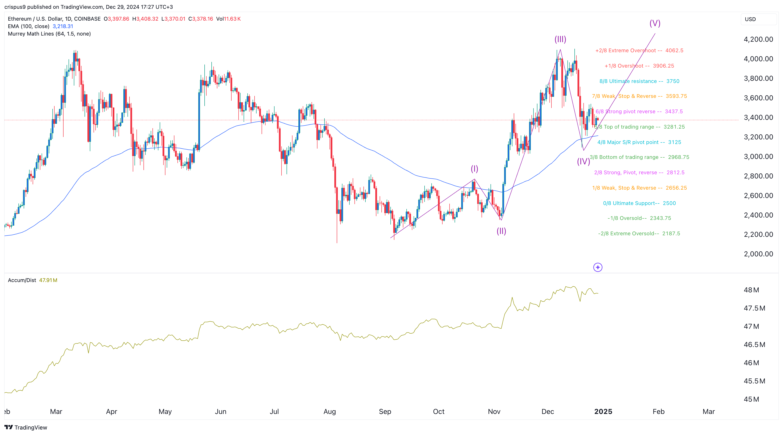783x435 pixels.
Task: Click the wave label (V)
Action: pyautogui.click(x=655, y=23)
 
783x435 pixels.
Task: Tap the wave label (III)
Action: pyautogui.click(x=560, y=39)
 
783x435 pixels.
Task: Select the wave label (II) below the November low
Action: pyautogui.click(x=501, y=231)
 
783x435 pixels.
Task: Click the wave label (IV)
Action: pyautogui.click(x=583, y=161)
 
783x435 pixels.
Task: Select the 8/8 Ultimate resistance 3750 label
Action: pyautogui.click(x=639, y=81)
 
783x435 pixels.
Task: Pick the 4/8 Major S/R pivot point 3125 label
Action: pyautogui.click(x=639, y=142)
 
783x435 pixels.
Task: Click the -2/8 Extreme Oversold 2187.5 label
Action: pyautogui.click(x=639, y=234)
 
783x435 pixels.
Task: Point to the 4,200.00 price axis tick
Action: pyautogui.click(x=758, y=39)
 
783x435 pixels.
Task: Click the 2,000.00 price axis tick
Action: pyautogui.click(x=758, y=254)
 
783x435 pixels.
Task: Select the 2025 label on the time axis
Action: pyautogui.click(x=603, y=412)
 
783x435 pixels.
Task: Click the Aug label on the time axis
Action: pyautogui.click(x=329, y=412)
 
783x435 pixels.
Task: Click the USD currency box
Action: pyautogui.click(x=758, y=19)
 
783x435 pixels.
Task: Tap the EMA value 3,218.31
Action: pyautogui.click(x=63, y=26)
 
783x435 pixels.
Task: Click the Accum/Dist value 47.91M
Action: pyautogui.click(x=48, y=280)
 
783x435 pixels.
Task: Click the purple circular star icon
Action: pyautogui.click(x=598, y=267)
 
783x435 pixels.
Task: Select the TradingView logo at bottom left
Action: pyautogui.click(x=26, y=427)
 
